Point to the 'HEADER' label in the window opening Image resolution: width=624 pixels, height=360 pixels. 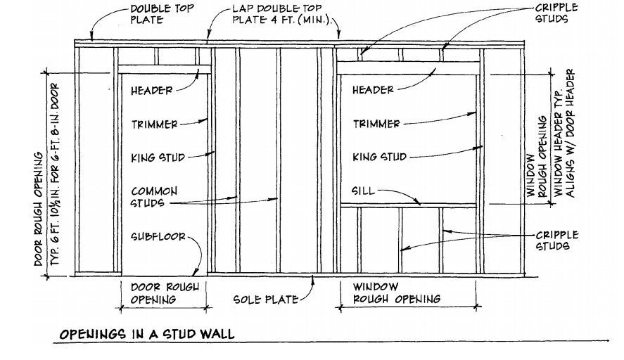[x=372, y=89]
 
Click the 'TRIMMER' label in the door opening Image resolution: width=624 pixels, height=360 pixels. [x=153, y=124]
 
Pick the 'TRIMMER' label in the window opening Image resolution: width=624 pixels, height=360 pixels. [x=376, y=124]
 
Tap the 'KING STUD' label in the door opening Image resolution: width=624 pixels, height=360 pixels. [x=157, y=158]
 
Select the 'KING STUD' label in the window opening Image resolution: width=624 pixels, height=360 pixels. [x=378, y=157]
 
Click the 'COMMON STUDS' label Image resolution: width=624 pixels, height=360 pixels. [x=153, y=197]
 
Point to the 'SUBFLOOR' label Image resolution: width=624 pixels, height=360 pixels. [x=157, y=237]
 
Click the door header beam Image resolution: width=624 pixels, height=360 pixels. [x=165, y=70]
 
